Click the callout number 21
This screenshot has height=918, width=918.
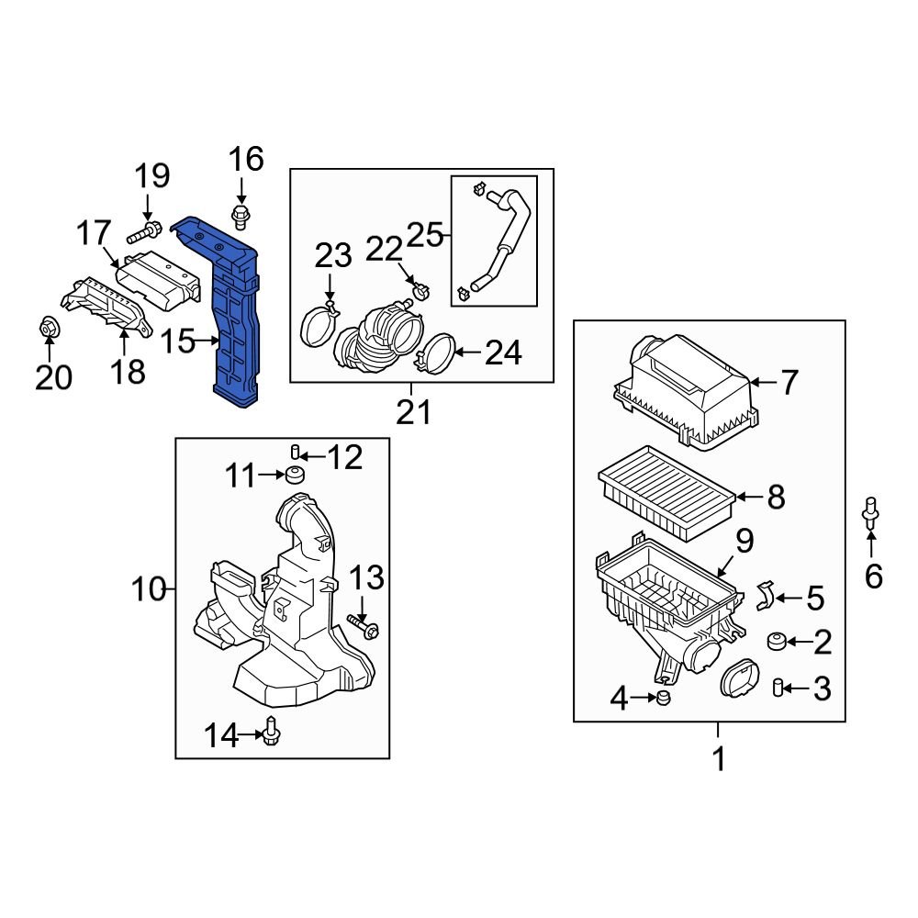pyautogui.click(x=413, y=412)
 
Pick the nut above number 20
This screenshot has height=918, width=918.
pyautogui.click(x=50, y=327)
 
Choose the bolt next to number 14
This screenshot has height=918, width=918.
pyautogui.click(x=271, y=731)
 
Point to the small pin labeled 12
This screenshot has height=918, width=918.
pyautogui.click(x=296, y=451)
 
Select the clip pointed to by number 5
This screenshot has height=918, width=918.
pyautogui.click(x=764, y=598)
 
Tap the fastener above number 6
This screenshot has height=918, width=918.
pyautogui.click(x=870, y=514)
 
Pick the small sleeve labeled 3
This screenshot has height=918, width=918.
pyautogui.click(x=777, y=687)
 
